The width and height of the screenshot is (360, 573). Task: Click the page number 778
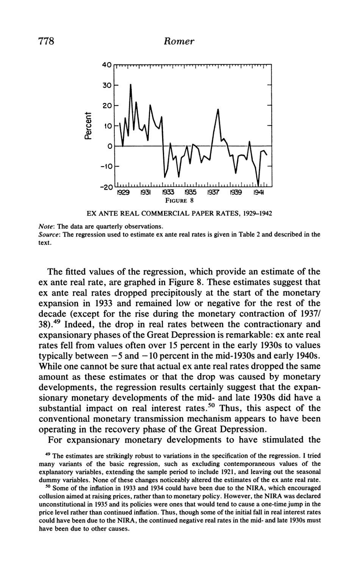pyautogui.click(x=48, y=41)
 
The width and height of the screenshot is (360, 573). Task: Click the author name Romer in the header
pyautogui.click(x=180, y=41)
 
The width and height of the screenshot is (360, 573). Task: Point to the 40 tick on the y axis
pyautogui.click(x=107, y=66)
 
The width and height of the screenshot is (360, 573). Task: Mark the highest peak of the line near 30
pyautogui.click(x=131, y=84)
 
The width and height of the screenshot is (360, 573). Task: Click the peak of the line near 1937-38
pyautogui.click(x=218, y=109)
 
